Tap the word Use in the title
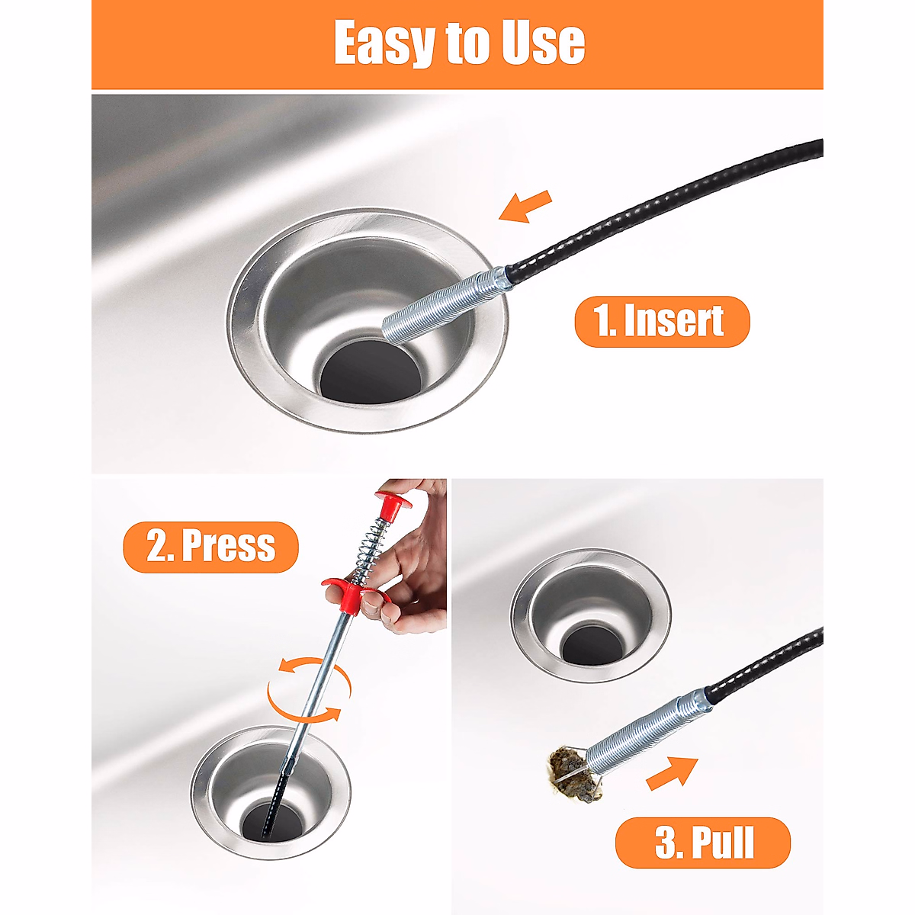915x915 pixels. pos(542,43)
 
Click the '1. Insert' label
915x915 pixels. pos(661,321)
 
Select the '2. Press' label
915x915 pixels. pos(210,547)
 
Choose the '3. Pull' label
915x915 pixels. pos(703,843)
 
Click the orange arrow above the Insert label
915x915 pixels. pos(525,206)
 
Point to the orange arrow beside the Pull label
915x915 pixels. pos(671,772)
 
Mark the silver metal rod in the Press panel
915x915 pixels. pos(320,671)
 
